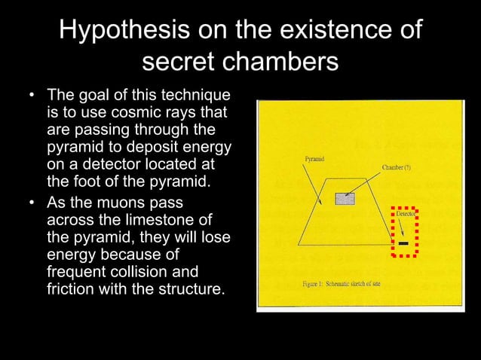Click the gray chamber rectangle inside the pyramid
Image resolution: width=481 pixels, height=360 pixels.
345,199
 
